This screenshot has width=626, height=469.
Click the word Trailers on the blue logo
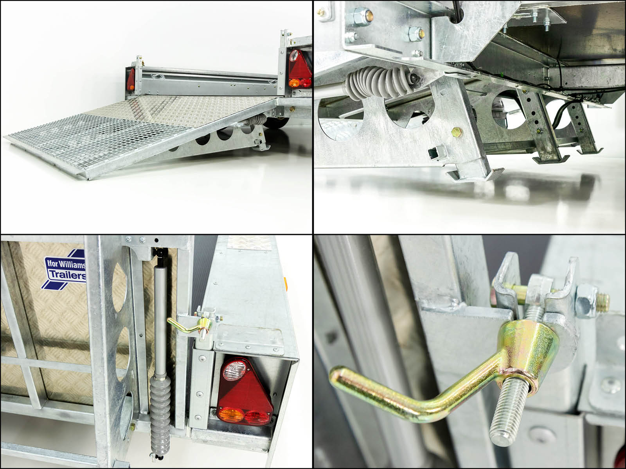pyautogui.click(x=68, y=276)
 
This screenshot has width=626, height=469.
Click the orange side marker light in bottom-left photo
pyautogui.click(x=285, y=284)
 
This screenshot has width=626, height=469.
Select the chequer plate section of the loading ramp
pyautogui.click(x=200, y=110)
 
